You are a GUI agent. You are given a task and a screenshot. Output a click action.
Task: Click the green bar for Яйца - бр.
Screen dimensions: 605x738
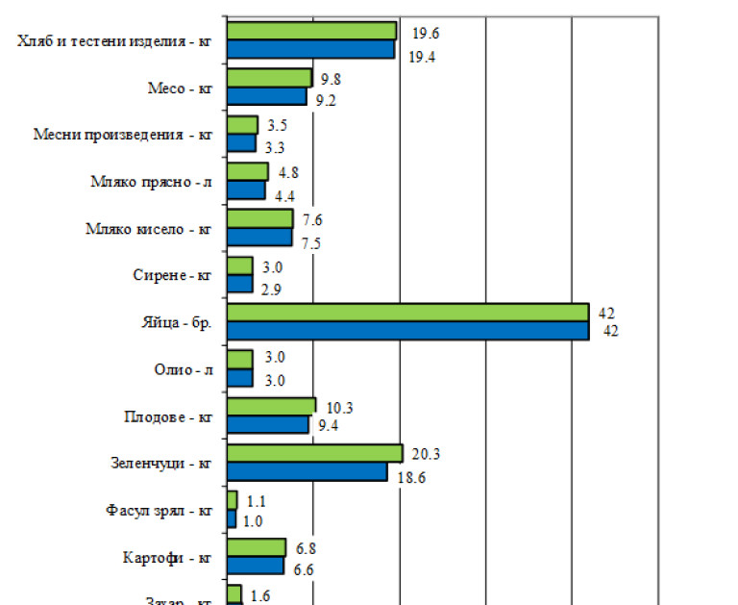[406, 312]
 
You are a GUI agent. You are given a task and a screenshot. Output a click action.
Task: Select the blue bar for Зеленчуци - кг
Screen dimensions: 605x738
[307, 471]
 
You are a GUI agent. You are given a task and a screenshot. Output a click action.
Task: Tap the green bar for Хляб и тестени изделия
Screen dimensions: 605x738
[311, 30]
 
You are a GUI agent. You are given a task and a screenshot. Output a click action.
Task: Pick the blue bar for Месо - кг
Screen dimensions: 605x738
[266, 96]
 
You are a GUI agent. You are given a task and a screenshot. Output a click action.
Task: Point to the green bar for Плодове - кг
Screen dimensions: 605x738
[271, 406]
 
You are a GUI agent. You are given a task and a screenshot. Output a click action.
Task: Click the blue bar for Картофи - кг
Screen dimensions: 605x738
[256, 566]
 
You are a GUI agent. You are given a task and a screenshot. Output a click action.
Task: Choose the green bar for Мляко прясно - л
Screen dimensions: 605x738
[247, 171]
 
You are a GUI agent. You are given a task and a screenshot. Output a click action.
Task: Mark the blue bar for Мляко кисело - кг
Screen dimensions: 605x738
[258, 237]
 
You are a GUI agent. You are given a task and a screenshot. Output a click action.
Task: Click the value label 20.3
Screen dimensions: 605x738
[425, 454]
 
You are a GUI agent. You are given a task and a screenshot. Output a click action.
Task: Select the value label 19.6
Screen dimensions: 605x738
[426, 34]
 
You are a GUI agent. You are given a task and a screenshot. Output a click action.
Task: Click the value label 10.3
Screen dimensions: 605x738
[339, 408]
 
